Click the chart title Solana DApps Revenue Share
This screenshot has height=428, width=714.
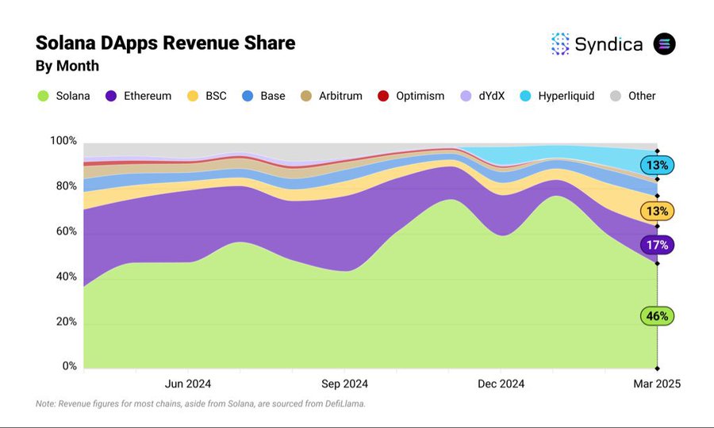click(x=165, y=43)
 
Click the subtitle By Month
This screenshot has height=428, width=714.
click(x=67, y=66)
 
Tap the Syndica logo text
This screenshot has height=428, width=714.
click(x=608, y=44)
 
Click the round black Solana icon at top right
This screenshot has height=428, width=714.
click(x=664, y=44)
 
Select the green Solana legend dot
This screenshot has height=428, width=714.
click(x=43, y=96)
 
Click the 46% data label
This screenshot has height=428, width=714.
click(x=657, y=315)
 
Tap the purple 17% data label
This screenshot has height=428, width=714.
click(x=657, y=245)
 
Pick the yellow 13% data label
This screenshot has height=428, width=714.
click(x=657, y=211)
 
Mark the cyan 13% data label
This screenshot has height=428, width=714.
click(x=657, y=165)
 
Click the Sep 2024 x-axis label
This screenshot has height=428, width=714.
click(x=344, y=384)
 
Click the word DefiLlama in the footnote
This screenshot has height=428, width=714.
click(x=339, y=404)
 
